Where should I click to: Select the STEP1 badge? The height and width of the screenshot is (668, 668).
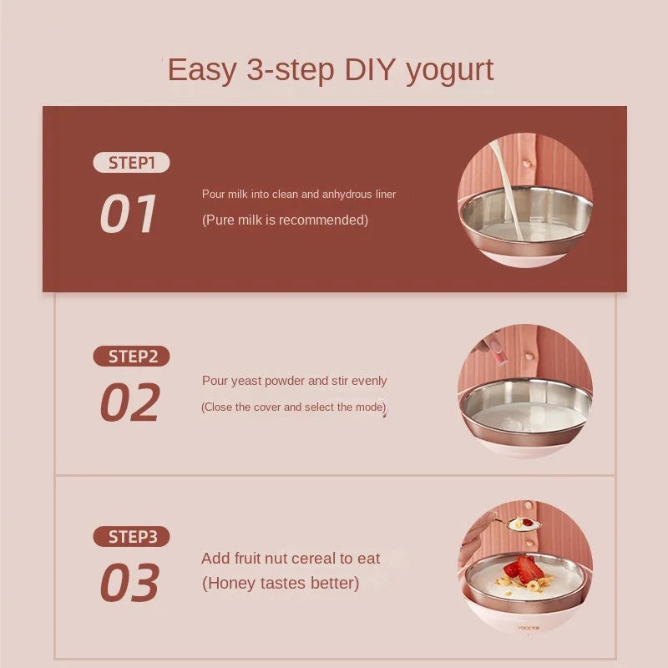coord(131,163)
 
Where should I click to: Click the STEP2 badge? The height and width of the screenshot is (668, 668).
coord(131,357)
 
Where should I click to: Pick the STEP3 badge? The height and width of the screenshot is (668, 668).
coord(131,537)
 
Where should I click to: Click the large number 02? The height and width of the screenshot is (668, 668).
coord(129,402)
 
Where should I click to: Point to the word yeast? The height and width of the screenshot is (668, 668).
coord(246,381)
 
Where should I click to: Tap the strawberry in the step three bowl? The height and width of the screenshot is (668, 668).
coord(525,569)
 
